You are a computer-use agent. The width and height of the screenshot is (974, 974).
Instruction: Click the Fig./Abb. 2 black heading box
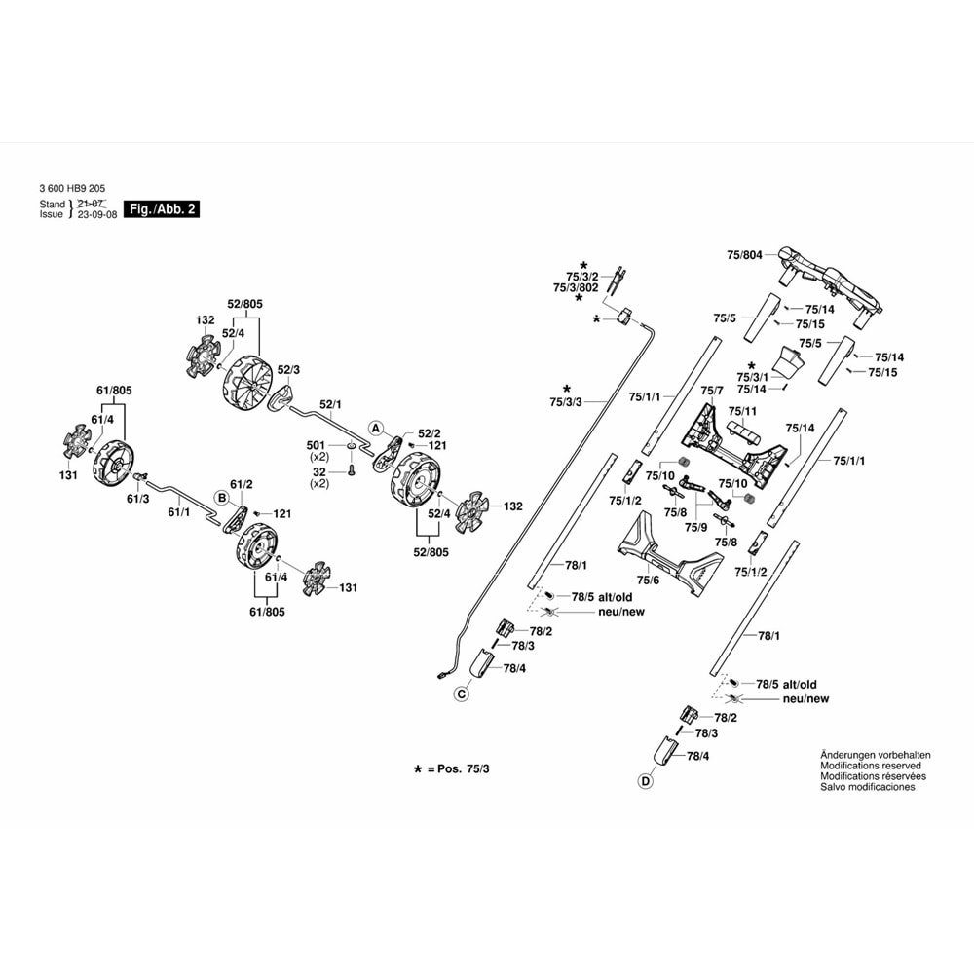pos(164,209)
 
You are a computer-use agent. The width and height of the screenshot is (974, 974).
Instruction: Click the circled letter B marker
pos(222,499)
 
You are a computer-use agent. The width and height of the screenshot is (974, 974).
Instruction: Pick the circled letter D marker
pos(644,781)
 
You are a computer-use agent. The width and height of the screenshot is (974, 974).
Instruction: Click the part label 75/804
pos(744,255)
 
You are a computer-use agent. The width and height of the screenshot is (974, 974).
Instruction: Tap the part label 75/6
pos(649,581)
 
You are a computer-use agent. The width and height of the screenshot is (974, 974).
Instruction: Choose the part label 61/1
pos(178,510)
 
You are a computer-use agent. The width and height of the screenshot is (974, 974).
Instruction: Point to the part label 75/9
pos(694,527)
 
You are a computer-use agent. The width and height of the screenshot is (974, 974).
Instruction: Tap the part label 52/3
pos(289,370)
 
